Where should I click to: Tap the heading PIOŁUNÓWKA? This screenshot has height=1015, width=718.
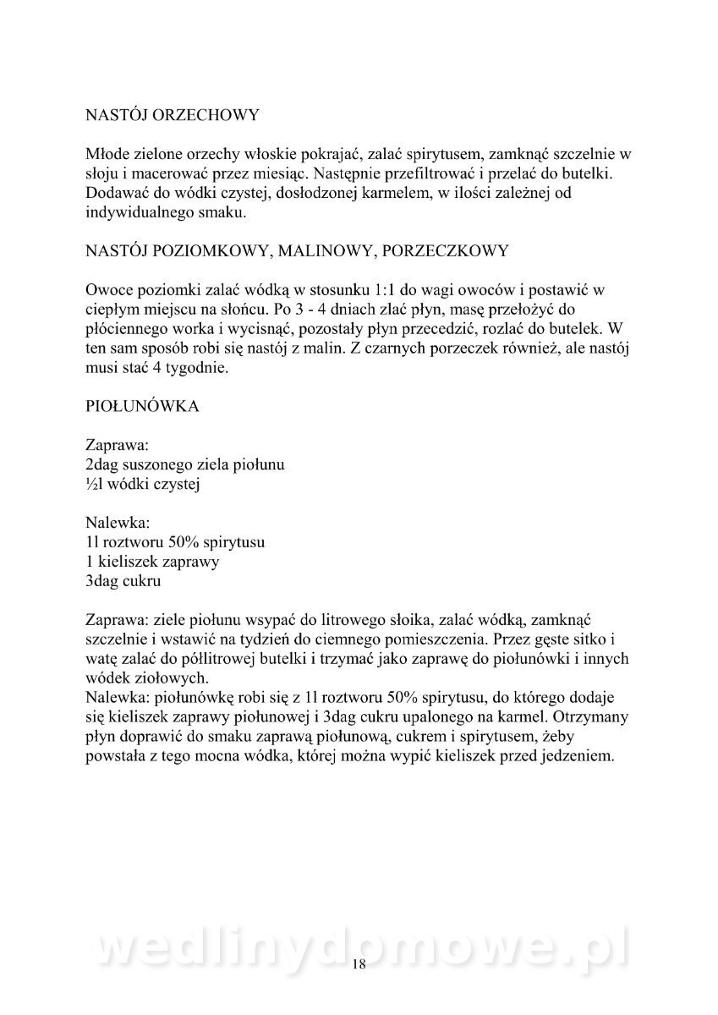pos(143,406)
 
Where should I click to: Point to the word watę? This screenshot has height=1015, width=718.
pos(102,660)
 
